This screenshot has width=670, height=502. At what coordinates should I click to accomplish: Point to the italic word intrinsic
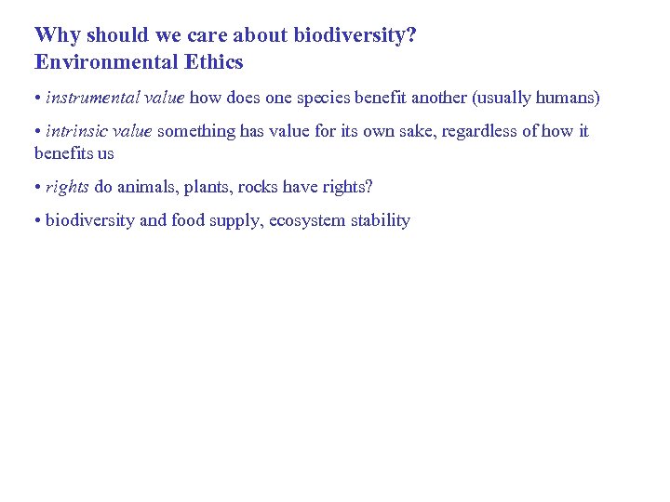click(x=78, y=131)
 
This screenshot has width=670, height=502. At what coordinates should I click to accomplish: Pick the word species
click(x=325, y=98)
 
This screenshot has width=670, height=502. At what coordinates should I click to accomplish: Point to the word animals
click(x=147, y=187)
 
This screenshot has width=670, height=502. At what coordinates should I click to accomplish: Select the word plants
click(x=209, y=187)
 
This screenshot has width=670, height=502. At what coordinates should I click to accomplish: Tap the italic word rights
click(x=67, y=187)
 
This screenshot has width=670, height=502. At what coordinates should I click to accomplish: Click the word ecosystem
click(x=308, y=220)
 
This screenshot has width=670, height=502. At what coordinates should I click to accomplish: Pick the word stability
click(x=381, y=220)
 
